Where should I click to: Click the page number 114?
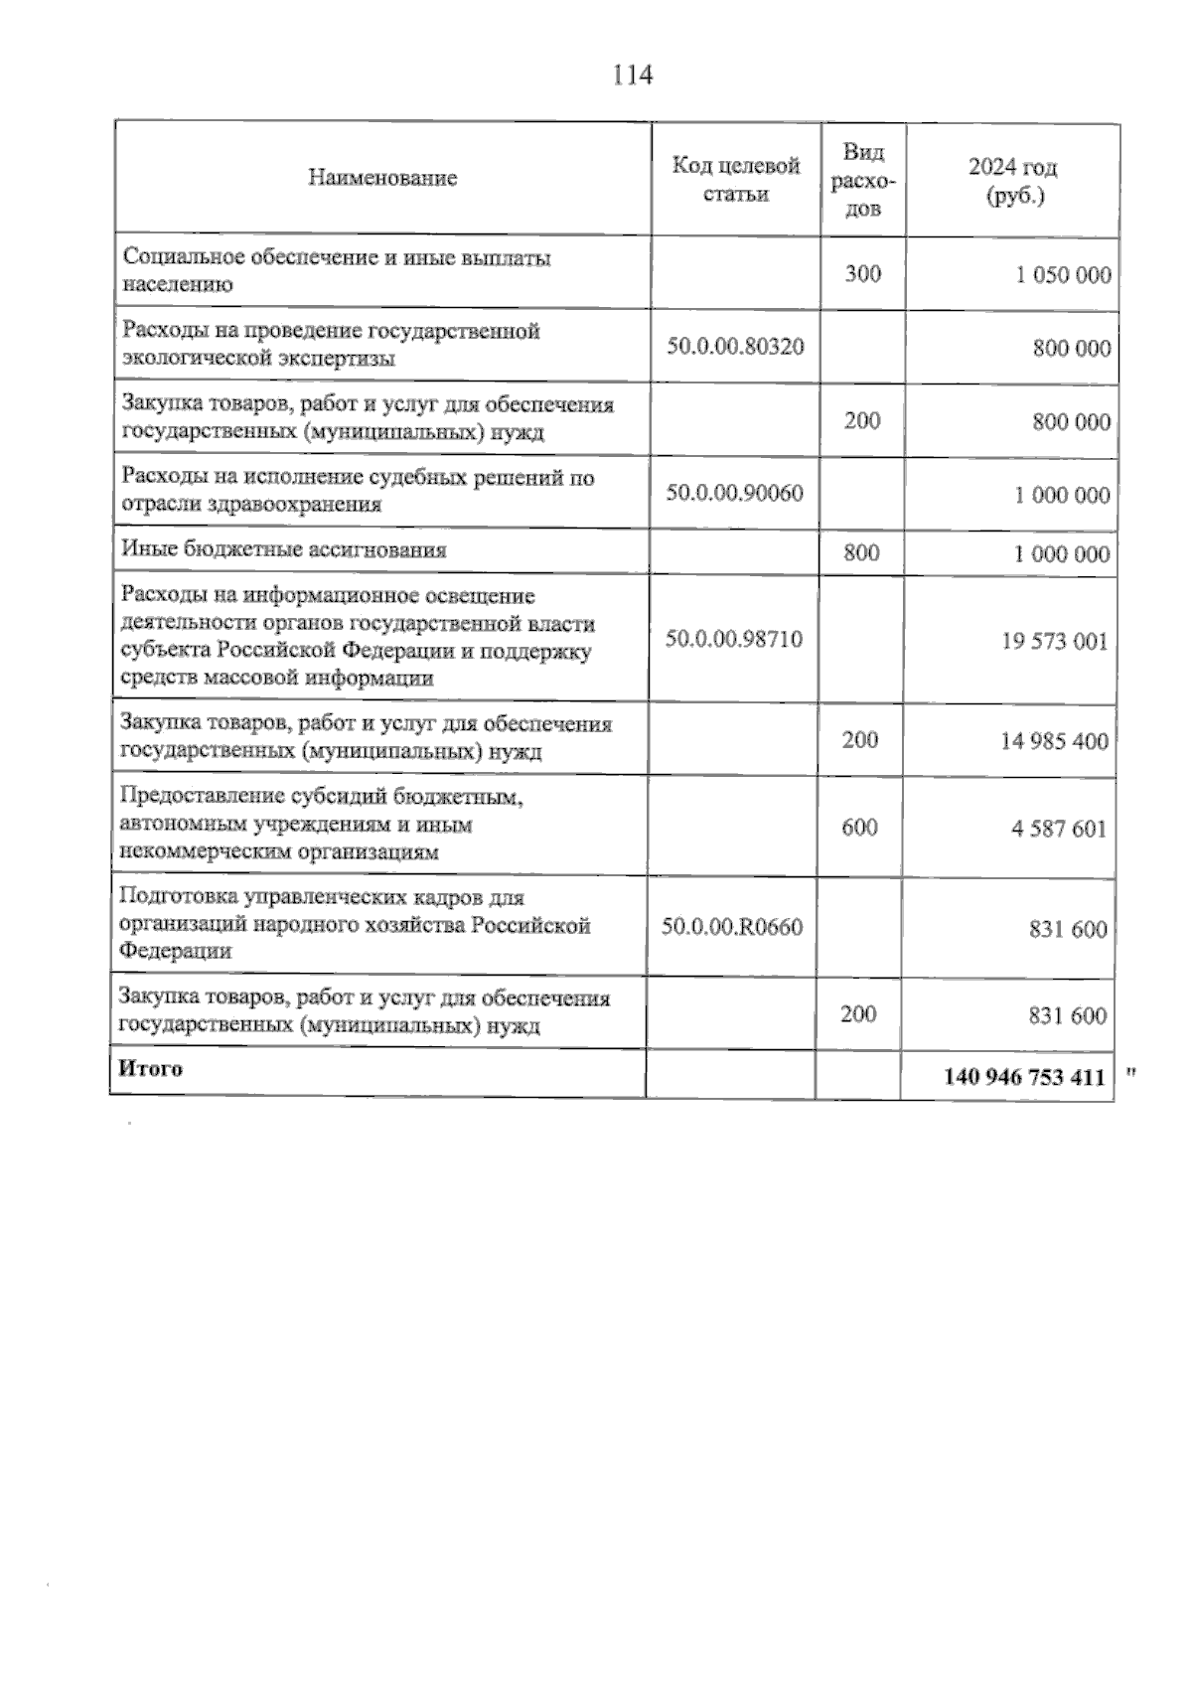[x=633, y=75]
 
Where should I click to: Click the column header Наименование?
[x=382, y=179]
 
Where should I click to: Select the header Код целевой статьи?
[x=735, y=180]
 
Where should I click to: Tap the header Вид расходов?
[x=862, y=180]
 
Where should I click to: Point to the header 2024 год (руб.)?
[x=1013, y=181]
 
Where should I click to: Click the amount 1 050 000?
[x=1062, y=276]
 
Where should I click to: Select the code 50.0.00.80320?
[x=735, y=348]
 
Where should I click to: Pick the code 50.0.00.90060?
[x=734, y=493]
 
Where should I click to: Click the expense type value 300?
[x=862, y=274]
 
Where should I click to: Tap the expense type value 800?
[x=861, y=552]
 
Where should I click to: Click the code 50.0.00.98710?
[x=733, y=639]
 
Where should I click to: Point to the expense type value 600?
[x=859, y=828]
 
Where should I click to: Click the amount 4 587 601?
[x=1059, y=829]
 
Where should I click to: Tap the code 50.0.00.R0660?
[x=732, y=928]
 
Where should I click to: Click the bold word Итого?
[x=150, y=1069]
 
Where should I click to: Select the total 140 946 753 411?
[x=1024, y=1077]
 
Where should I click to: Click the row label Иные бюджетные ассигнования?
[x=284, y=549]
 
